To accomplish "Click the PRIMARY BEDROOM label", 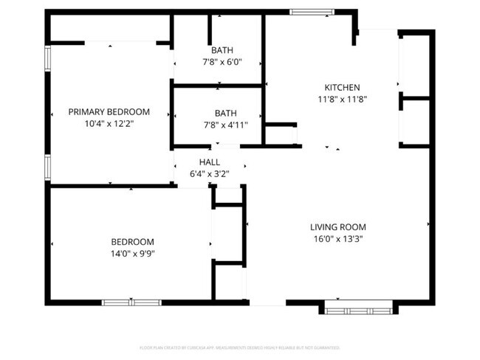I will [x=109, y=112].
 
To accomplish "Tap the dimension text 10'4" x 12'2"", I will [x=109, y=124].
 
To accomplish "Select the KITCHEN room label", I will [x=342, y=87].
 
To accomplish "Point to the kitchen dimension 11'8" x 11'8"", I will [x=342, y=99].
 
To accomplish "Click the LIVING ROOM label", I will [x=337, y=227].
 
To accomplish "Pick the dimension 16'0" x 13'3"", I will [x=337, y=239].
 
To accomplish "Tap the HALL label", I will [x=209, y=162].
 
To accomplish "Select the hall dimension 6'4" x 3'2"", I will [x=209, y=174].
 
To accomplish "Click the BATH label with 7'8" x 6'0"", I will [x=222, y=50].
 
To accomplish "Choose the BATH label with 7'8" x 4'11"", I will [x=225, y=113].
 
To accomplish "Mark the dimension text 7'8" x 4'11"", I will [x=225, y=125].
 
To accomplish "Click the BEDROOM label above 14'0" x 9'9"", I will [x=132, y=242].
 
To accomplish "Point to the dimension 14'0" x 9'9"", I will [x=132, y=254].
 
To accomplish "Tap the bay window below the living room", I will [x=358, y=306].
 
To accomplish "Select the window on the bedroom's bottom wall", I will [x=131, y=302].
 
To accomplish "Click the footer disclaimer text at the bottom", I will [x=239, y=347].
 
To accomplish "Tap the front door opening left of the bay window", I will [x=267, y=302].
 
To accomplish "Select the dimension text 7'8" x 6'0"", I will [x=222, y=62].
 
